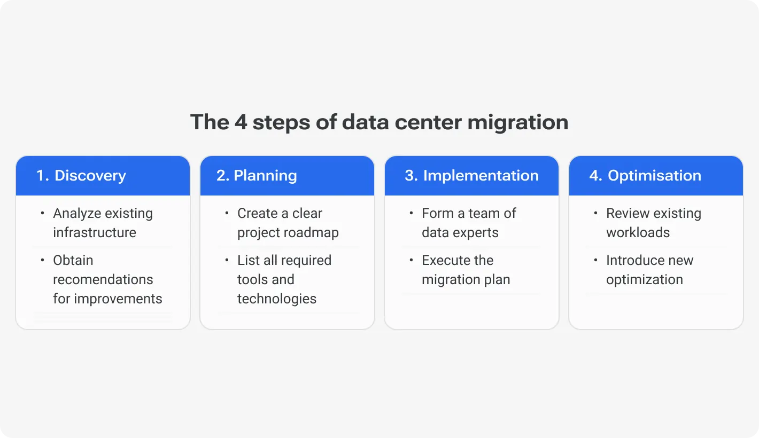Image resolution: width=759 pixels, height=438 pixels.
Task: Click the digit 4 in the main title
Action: [x=239, y=122]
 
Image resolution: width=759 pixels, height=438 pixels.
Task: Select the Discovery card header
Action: [x=103, y=176]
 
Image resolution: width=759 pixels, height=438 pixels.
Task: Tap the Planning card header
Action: [x=287, y=176]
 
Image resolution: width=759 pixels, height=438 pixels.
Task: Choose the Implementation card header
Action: [x=471, y=176]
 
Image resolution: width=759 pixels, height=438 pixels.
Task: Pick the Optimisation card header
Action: [x=656, y=176]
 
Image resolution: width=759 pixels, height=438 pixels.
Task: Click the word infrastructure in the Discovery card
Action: [x=95, y=232]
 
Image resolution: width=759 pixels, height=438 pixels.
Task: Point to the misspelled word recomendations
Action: [x=103, y=279]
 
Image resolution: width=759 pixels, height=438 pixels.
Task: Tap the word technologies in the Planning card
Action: [x=277, y=299]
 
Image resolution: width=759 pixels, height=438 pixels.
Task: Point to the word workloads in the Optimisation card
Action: [x=638, y=232]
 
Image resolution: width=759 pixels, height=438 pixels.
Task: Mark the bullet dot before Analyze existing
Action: [x=43, y=213]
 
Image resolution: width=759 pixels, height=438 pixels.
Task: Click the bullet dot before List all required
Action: [x=227, y=260]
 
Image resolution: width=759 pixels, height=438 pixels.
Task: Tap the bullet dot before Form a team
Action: [x=412, y=213]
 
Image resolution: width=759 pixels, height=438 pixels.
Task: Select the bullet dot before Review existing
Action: [x=596, y=213]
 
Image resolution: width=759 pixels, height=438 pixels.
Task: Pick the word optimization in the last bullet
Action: [x=644, y=279]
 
